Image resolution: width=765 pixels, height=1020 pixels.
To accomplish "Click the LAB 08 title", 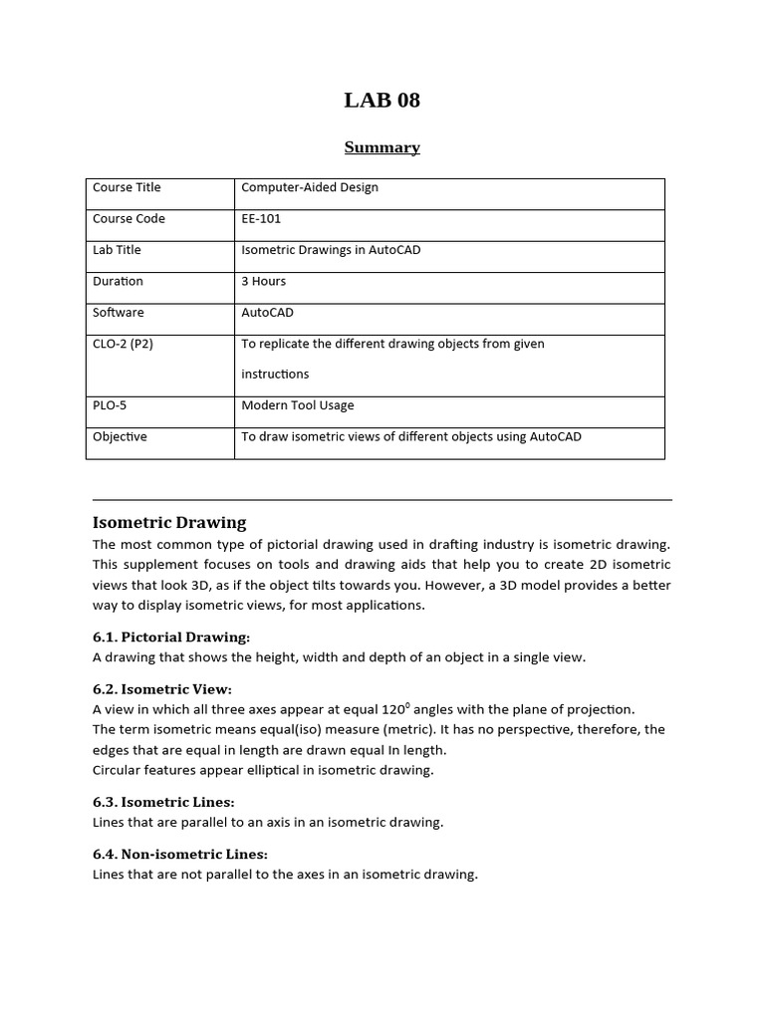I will pyautogui.click(x=382, y=100).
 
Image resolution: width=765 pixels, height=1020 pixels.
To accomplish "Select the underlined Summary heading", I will pyautogui.click(x=382, y=147).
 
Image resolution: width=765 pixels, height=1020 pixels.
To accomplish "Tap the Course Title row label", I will pyautogui.click(x=127, y=187).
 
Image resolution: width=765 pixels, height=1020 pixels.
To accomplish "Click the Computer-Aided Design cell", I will pyautogui.click(x=310, y=187).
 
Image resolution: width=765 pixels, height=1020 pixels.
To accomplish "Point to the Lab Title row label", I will pyautogui.click(x=117, y=250).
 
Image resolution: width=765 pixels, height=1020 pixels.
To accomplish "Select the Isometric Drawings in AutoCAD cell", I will pyautogui.click(x=331, y=250).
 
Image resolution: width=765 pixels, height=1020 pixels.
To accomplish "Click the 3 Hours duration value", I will pyautogui.click(x=264, y=281).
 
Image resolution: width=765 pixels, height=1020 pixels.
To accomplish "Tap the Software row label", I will pyautogui.click(x=118, y=312).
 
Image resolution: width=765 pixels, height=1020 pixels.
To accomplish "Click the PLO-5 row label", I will pyautogui.click(x=110, y=405).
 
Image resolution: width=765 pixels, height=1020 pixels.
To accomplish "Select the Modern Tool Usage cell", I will pyautogui.click(x=297, y=405).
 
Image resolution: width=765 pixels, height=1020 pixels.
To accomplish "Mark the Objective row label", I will pyautogui.click(x=120, y=436).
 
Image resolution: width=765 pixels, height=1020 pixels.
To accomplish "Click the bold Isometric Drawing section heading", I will pyautogui.click(x=169, y=522).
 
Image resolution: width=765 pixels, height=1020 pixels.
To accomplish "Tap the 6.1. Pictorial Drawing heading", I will pyautogui.click(x=171, y=637).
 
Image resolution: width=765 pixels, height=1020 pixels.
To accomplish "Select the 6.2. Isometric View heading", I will pyautogui.click(x=161, y=689).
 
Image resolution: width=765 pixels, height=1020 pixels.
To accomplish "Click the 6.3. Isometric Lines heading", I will pyautogui.click(x=163, y=802).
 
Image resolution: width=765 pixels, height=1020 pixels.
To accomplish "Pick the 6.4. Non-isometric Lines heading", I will pyautogui.click(x=180, y=854).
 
